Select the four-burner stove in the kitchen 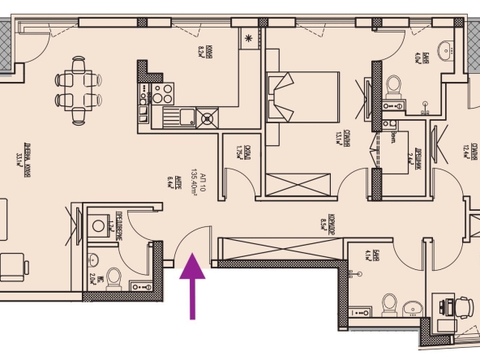154,92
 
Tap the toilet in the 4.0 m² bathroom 393,86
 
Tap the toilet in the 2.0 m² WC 114,279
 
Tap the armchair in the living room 15,265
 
